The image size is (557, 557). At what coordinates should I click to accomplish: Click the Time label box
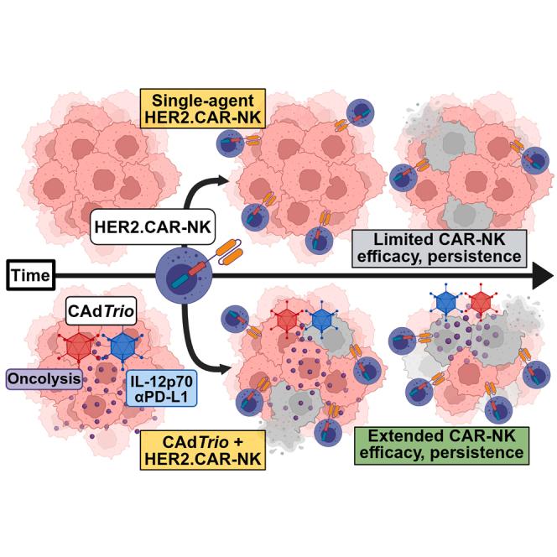29,273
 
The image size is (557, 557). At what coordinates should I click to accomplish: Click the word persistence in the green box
482,453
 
